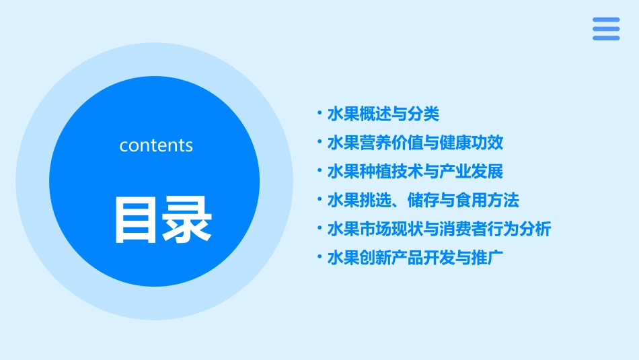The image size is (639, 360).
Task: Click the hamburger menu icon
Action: pyautogui.click(x=606, y=29)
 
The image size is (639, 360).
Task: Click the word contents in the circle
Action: pyautogui.click(x=156, y=145)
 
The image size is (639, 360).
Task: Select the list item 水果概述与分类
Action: pyautogui.click(x=383, y=114)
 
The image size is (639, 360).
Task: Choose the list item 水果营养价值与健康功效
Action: pyautogui.click(x=415, y=143)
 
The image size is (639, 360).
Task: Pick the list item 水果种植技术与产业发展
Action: pyautogui.click(x=415, y=172)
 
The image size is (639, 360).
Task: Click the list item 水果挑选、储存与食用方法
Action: pyautogui.click(x=423, y=201)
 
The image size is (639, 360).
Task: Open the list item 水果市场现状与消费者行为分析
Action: pyautogui.click(x=439, y=229)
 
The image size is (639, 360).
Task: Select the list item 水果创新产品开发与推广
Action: pyautogui.click(x=415, y=258)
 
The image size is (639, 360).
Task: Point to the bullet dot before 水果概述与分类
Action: pyautogui.click(x=319, y=113)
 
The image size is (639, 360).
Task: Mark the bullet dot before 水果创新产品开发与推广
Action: pyautogui.click(x=319, y=258)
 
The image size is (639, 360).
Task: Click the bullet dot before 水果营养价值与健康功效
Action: pyautogui.click(x=319, y=142)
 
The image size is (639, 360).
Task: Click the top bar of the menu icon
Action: pyautogui.click(x=606, y=20)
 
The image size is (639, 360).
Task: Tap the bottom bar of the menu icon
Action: pyautogui.click(x=606, y=38)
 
